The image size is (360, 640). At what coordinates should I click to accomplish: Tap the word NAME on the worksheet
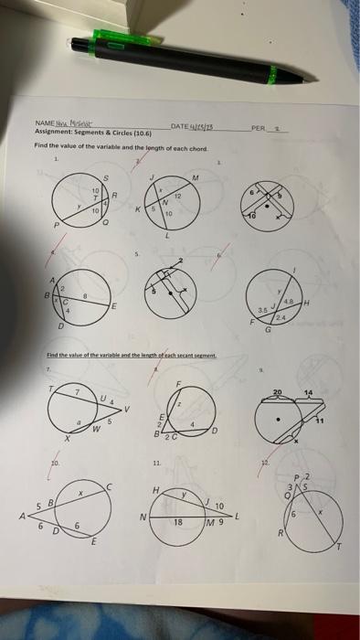tap(44, 125)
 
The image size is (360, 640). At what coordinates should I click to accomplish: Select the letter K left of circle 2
tap(138, 209)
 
